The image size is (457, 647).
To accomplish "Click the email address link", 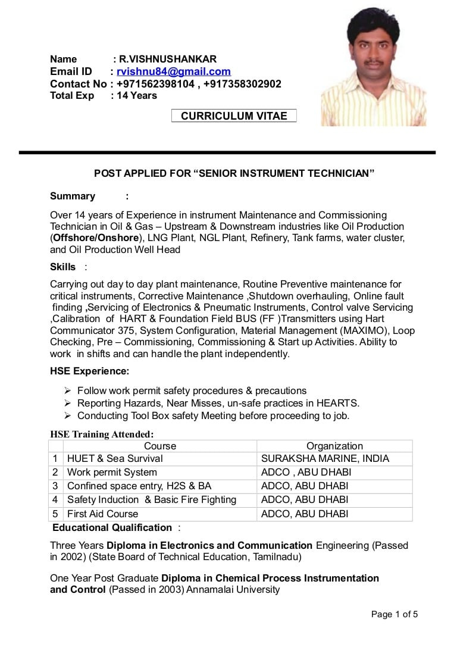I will [x=174, y=71].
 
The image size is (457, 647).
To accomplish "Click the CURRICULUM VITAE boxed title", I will [x=234, y=116].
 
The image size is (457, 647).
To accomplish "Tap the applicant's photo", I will [x=373, y=67].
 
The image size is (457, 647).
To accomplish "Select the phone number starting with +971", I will [x=155, y=84].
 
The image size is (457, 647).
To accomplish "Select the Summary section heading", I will [x=73, y=196].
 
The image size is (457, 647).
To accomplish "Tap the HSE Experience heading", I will [x=89, y=371].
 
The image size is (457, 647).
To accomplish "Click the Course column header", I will [x=160, y=446].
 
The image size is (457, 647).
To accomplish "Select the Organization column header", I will [x=334, y=446].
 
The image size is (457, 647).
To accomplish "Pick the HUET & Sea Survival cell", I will [x=115, y=459].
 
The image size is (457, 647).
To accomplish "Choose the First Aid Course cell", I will [x=102, y=514].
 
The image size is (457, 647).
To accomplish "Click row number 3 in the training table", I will [x=55, y=486].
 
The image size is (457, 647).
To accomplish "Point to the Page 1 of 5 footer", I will [x=395, y=614].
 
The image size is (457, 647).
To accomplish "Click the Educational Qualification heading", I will [x=112, y=528].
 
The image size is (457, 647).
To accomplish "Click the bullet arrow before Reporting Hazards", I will [x=68, y=404].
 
